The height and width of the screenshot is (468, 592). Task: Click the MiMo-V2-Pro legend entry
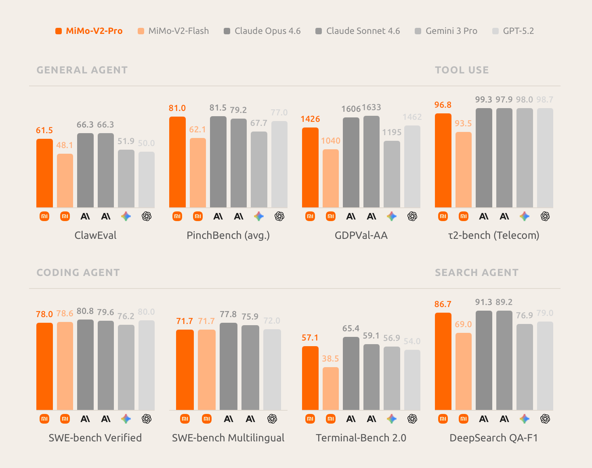pyautogui.click(x=89, y=31)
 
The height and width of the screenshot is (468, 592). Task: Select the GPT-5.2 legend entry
pyautogui.click(x=513, y=31)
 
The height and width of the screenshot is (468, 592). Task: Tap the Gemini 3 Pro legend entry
pyautogui.click(x=446, y=31)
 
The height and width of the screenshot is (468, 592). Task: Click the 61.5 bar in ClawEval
pyautogui.click(x=44, y=173)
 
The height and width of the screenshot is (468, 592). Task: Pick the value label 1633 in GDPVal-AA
pyautogui.click(x=372, y=107)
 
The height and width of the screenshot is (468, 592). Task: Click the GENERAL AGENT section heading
pyautogui.click(x=82, y=70)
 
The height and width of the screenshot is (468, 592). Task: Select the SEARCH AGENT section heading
pyautogui.click(x=477, y=273)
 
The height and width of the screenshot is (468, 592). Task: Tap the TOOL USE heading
pyautogui.click(x=462, y=70)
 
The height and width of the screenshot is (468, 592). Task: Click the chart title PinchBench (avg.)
pyautogui.click(x=228, y=235)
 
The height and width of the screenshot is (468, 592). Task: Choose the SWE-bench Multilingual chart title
pyautogui.click(x=228, y=438)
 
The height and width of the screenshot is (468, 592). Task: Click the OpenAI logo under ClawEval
pyautogui.click(x=147, y=217)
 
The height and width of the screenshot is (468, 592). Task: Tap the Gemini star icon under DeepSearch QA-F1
pyautogui.click(x=525, y=419)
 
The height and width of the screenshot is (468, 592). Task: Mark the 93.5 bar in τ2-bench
pyautogui.click(x=464, y=170)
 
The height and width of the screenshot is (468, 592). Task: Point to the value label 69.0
pyautogui.click(x=463, y=324)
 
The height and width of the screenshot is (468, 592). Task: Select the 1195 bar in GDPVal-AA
pyautogui.click(x=392, y=174)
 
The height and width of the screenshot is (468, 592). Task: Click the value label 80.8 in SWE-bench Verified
pyautogui.click(x=85, y=311)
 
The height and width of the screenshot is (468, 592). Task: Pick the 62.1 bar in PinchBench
pyautogui.click(x=198, y=173)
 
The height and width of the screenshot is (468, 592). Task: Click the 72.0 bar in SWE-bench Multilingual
pyautogui.click(x=272, y=370)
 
